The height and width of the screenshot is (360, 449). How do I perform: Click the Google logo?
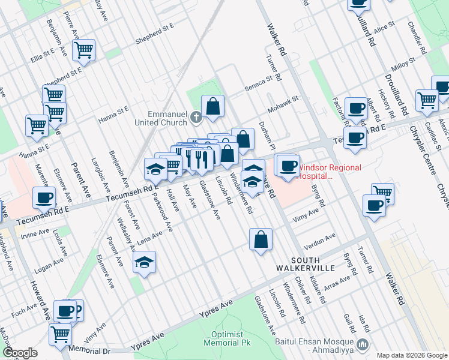tap(20, 353)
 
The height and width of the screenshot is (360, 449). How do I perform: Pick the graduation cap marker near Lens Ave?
tap(144, 262)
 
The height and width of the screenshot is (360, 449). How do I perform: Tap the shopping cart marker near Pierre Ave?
tap(83, 50)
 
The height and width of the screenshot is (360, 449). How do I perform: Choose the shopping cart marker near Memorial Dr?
tap(61, 334)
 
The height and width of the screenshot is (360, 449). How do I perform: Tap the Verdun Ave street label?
tap(319, 241)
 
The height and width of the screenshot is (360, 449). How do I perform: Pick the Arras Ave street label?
tap(337, 282)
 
